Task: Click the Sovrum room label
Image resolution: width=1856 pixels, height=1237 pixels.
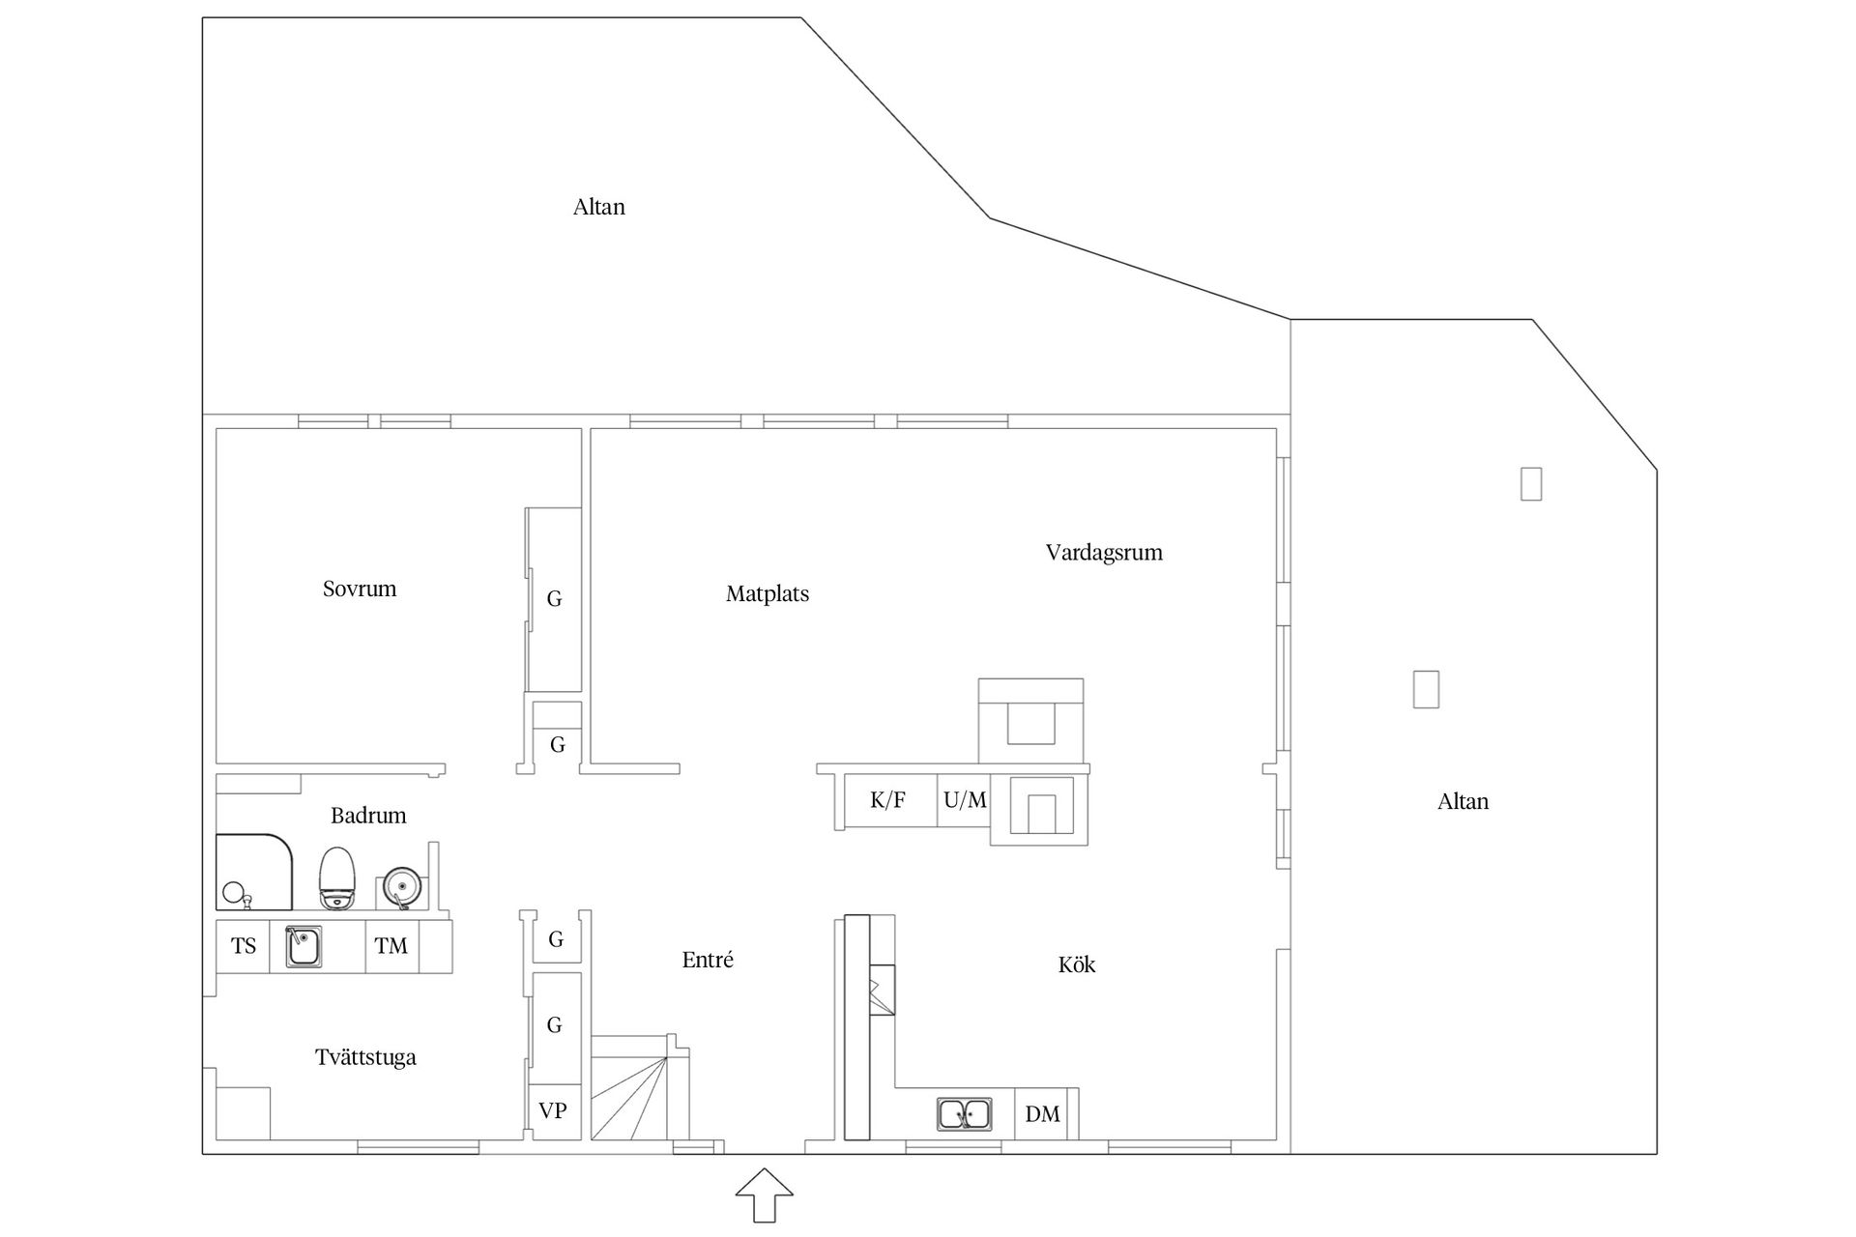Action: pos(360,589)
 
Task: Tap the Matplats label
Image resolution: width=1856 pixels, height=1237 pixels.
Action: pos(768,594)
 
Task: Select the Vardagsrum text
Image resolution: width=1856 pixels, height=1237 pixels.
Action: pos(1104,553)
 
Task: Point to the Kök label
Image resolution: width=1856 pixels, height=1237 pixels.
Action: pos(1077,964)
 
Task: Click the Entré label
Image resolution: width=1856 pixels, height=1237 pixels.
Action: pos(708,960)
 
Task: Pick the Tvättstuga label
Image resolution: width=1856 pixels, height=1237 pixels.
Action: pos(365,1057)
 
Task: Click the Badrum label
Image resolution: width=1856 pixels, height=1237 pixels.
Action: pos(368,816)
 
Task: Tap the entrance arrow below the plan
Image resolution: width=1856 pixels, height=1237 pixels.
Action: pos(765,1194)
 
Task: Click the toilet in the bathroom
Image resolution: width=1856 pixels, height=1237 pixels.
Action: pos(337,878)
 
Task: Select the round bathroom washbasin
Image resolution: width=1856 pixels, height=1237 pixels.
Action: pos(401,886)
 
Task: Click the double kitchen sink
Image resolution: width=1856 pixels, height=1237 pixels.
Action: pos(964,1114)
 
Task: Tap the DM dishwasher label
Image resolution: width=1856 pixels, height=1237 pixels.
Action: pos(1042,1114)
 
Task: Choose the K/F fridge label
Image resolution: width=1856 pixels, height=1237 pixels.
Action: pos(887,800)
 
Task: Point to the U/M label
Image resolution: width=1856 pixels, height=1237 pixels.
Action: pos(965,800)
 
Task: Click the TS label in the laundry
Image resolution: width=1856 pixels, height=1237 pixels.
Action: pos(244,946)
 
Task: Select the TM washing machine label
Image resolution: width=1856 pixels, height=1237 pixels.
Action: pos(391,946)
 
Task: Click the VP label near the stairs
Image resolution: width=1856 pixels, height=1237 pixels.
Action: pos(552,1111)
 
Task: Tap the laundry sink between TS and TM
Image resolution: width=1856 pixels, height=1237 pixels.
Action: pos(304,947)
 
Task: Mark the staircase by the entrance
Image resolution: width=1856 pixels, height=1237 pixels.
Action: pos(639,1087)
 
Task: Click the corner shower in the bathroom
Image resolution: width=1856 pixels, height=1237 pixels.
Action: pos(253,872)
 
